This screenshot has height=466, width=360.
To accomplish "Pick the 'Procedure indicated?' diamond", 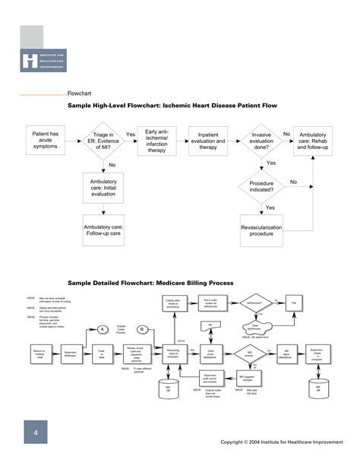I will (x=261, y=187).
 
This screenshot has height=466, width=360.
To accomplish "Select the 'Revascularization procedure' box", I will (x=261, y=230).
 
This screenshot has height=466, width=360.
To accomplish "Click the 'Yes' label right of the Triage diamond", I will (x=131, y=134).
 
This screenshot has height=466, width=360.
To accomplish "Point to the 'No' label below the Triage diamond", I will (x=112, y=165).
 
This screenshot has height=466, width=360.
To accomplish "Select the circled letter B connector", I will (x=141, y=328).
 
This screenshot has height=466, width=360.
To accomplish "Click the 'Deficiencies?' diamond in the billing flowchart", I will (x=254, y=302).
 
